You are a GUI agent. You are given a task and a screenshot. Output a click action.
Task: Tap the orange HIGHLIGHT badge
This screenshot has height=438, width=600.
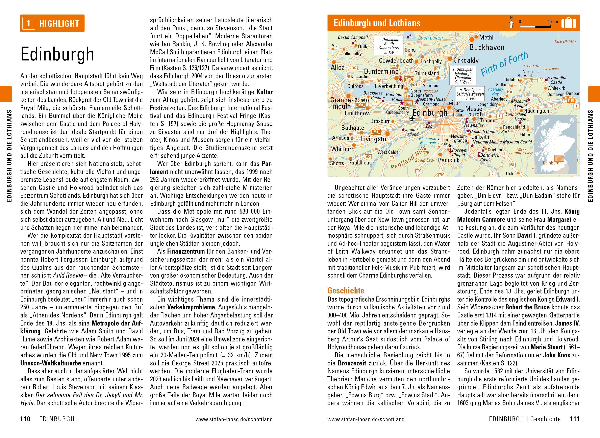[x=52, y=23]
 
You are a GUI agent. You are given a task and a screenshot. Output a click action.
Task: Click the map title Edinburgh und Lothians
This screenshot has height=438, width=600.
[x=377, y=23]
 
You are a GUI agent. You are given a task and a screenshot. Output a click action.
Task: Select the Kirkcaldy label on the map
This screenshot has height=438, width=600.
[x=465, y=60]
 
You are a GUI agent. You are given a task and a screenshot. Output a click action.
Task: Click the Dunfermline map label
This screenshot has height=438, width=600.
[x=381, y=72]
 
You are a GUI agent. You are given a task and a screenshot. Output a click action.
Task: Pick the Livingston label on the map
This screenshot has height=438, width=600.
[x=375, y=139]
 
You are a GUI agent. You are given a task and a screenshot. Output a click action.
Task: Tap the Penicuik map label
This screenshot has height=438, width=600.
[x=449, y=160]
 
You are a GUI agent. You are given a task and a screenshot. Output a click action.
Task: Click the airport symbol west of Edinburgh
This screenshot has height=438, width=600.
[x=412, y=118]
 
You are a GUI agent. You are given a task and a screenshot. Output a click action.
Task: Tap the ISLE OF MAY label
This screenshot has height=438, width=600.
[x=565, y=42]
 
